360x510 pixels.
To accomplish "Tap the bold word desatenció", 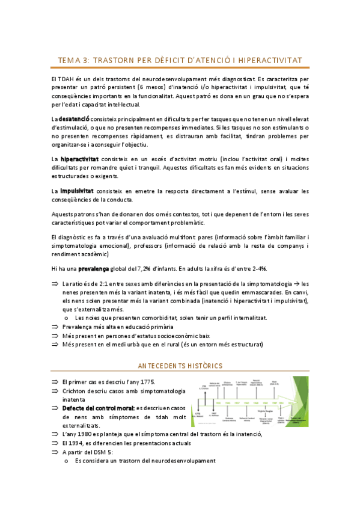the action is (75, 120).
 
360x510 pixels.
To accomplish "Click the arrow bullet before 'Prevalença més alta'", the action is (55, 327).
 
